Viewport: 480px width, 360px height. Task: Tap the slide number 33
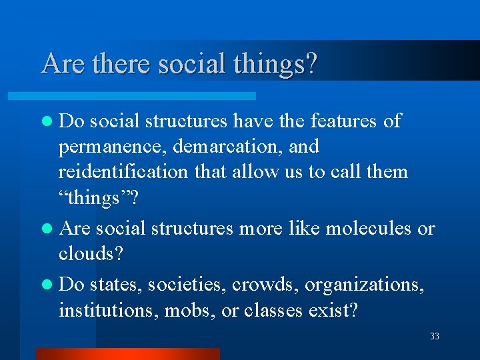point(435,337)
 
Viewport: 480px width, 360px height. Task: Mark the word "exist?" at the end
point(335,310)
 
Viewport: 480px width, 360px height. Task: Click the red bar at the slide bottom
point(127,354)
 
